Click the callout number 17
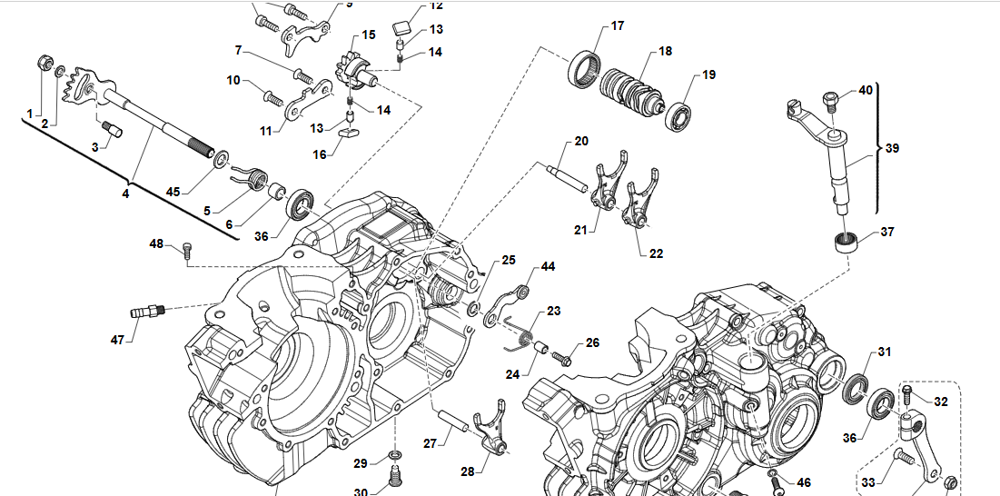[x=617, y=26]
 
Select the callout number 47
[x=117, y=340]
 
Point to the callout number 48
[x=156, y=244]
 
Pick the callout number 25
[x=509, y=260]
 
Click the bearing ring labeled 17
[x=584, y=71]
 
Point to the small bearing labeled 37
[x=847, y=243]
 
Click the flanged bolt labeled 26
[x=561, y=357]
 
